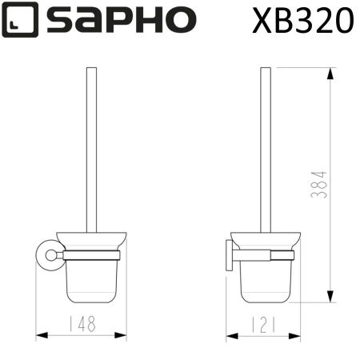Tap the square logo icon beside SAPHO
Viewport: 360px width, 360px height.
(x=20, y=22)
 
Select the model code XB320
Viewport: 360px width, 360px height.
(x=302, y=20)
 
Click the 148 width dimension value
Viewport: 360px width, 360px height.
(x=80, y=325)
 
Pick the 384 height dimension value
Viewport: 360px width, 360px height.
(x=320, y=186)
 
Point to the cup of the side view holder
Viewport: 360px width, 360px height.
(x=263, y=280)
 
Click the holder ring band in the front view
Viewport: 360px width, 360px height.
(x=90, y=255)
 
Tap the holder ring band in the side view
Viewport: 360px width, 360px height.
(x=263, y=255)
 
